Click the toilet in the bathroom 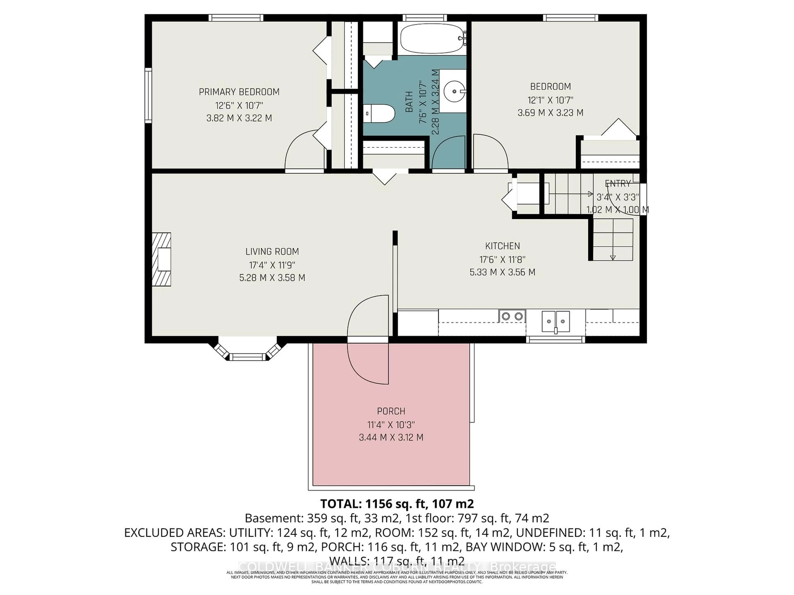(378, 114)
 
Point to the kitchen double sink (555, 321)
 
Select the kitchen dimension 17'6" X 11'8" (502, 259)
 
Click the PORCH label (391, 411)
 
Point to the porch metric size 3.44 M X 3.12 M (391, 438)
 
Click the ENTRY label (618, 184)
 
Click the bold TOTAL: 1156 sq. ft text (397, 504)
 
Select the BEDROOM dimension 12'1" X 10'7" (550, 100)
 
